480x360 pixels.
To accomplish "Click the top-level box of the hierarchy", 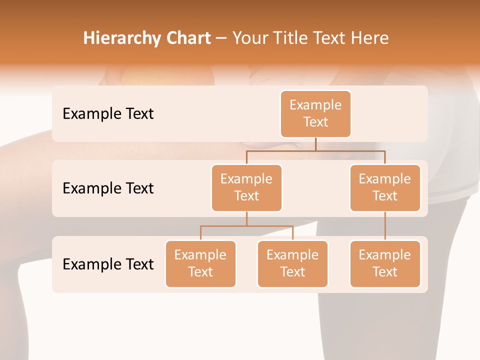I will tap(315, 113).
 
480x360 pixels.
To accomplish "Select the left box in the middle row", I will tap(246, 187).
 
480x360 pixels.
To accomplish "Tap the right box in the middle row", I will tap(385, 187).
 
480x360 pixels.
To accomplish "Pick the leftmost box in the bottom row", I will tap(200, 263).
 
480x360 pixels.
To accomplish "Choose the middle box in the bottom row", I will tap(292, 263).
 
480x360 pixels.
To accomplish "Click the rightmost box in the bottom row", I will tap(385, 263).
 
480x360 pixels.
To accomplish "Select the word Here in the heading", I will tap(370, 38).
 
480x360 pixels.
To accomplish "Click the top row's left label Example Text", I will tap(108, 113).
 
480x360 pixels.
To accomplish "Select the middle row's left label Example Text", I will tap(108, 188).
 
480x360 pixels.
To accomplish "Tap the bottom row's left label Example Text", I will tap(108, 264).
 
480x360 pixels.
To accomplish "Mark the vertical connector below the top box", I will tap(315, 144).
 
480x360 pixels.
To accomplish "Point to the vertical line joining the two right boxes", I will tap(385, 226).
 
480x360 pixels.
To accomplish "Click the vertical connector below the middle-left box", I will tap(246, 219).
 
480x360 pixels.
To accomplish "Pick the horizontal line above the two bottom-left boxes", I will tap(246, 226).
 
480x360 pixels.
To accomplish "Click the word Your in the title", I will tap(249, 38).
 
